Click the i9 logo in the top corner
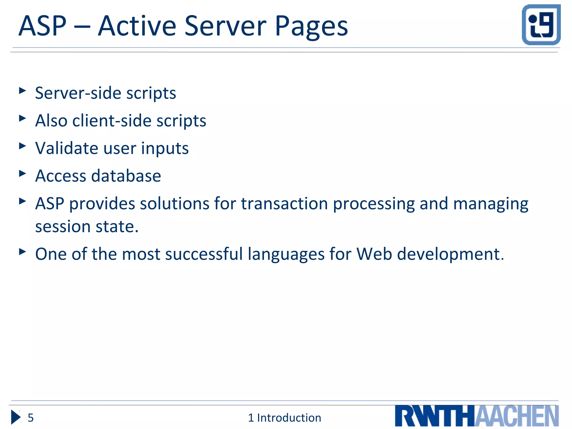[x=541, y=25]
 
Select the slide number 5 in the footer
[x=30, y=418]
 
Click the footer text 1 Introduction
[x=284, y=418]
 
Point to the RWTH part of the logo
[x=435, y=416]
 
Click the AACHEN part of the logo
[x=516, y=416]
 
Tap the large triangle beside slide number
[x=16, y=417]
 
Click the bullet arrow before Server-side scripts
[x=22, y=90]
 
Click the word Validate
[x=66, y=148]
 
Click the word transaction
[x=284, y=204]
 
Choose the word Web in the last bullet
[x=374, y=254]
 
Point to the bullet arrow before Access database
[x=22, y=173]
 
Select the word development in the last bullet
[x=450, y=254]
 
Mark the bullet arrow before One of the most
[x=22, y=252]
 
